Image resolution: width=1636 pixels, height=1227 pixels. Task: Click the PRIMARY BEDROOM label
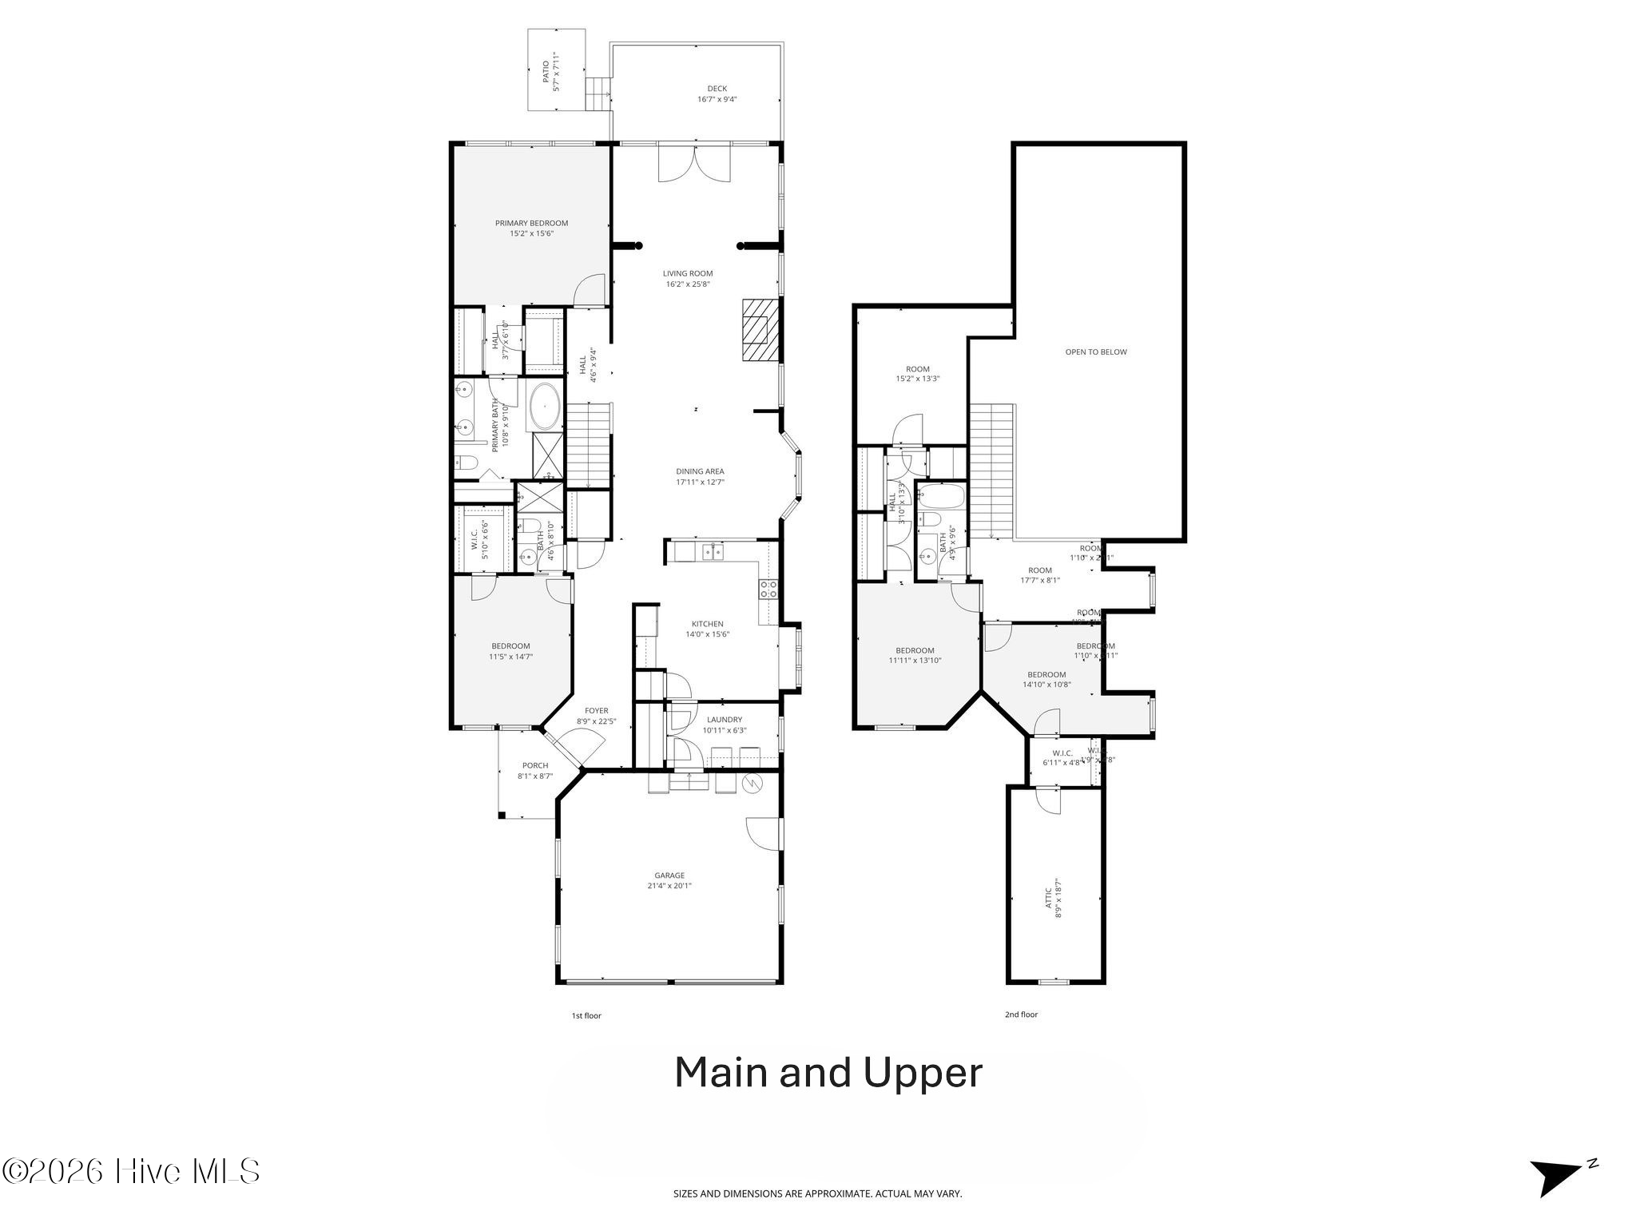click(531, 223)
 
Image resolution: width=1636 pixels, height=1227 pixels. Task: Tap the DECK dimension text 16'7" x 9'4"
click(717, 100)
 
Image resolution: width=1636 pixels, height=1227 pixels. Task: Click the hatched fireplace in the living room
click(756, 330)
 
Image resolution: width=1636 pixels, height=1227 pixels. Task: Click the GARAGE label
click(669, 875)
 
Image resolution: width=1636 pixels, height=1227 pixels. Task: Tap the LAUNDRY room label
click(724, 719)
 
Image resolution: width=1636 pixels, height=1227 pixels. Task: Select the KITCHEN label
click(707, 624)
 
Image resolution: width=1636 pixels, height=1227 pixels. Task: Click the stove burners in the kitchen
click(768, 590)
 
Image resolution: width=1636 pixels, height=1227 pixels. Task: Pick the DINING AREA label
click(700, 471)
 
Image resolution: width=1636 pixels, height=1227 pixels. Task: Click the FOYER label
click(596, 710)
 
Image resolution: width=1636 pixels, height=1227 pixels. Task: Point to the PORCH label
click(534, 765)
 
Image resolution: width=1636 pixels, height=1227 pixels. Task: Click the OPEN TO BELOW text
click(1096, 351)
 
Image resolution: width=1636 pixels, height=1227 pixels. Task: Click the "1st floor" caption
click(586, 1015)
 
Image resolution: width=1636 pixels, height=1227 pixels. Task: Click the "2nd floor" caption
click(1021, 1015)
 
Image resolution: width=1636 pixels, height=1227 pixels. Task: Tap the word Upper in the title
click(923, 1073)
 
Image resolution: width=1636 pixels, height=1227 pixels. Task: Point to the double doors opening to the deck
click(694, 165)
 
